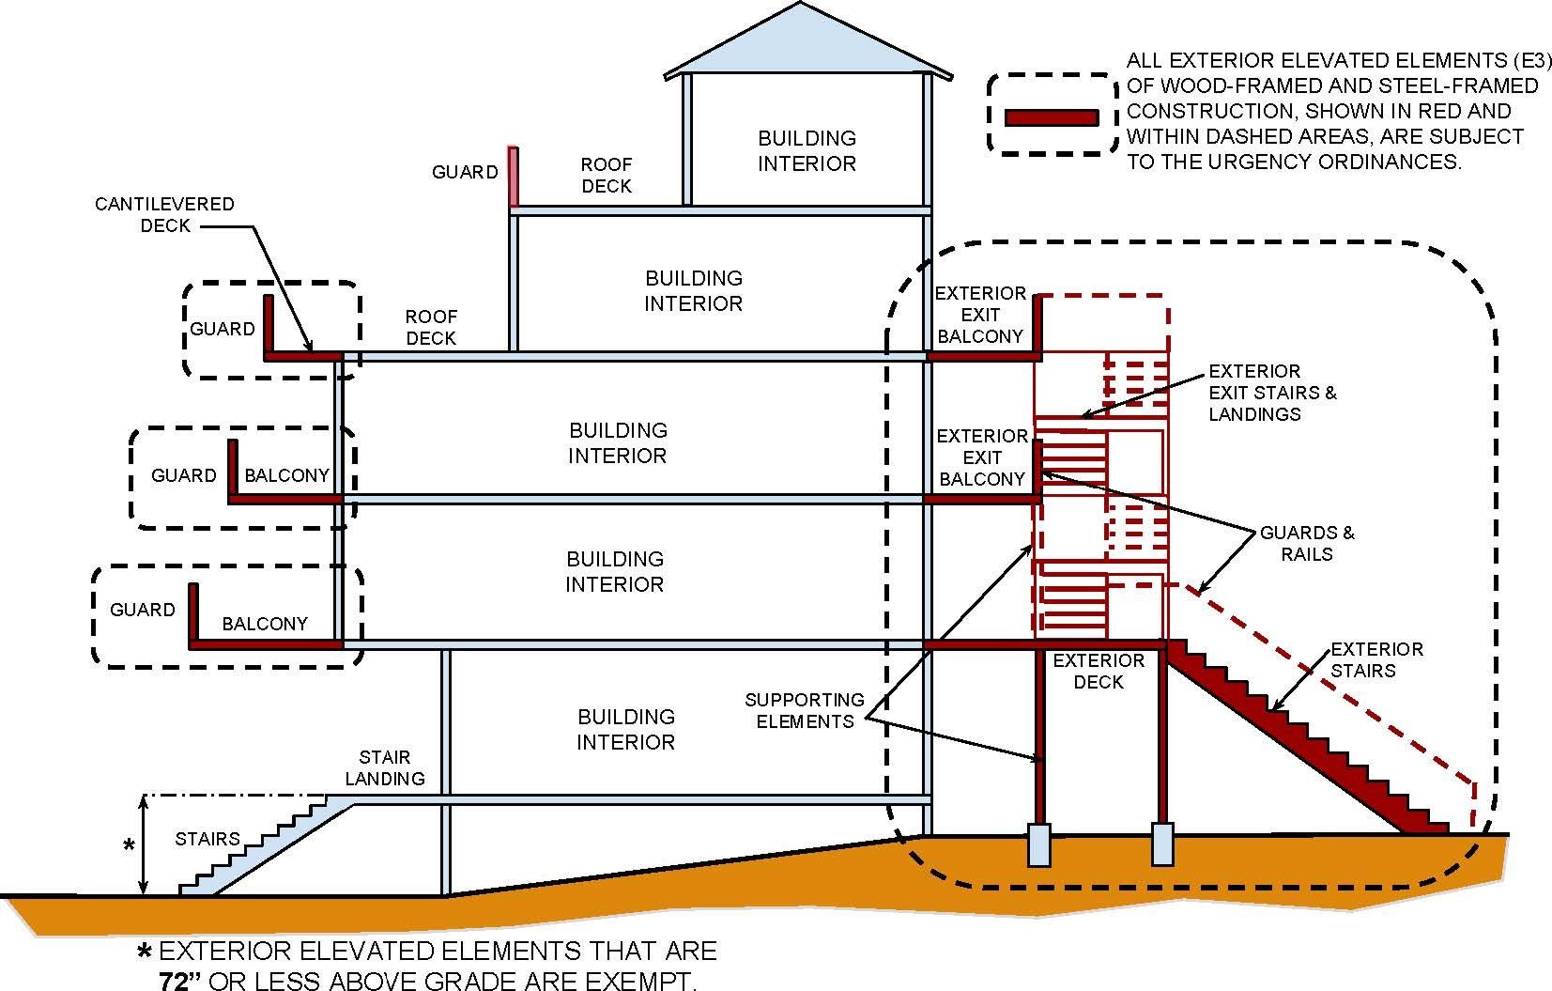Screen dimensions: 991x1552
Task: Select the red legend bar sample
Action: (1051, 117)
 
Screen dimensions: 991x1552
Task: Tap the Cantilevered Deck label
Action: (164, 214)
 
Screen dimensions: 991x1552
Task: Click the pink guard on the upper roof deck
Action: (514, 177)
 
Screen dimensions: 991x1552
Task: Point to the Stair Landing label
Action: (385, 767)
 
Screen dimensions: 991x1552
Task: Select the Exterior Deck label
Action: (1098, 671)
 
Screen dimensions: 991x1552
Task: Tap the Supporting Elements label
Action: (804, 710)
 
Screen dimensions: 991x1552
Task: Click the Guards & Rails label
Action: (1306, 543)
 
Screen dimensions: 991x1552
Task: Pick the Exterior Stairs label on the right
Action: (1375, 659)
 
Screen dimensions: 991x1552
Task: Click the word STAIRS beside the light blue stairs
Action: (207, 839)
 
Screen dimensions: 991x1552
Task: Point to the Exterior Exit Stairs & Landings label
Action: (1271, 392)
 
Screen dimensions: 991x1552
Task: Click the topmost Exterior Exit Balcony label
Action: (980, 315)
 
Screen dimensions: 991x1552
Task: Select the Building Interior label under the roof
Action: (807, 150)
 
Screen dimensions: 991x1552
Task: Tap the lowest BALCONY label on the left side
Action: (264, 624)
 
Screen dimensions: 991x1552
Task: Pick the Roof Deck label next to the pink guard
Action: (606, 175)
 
